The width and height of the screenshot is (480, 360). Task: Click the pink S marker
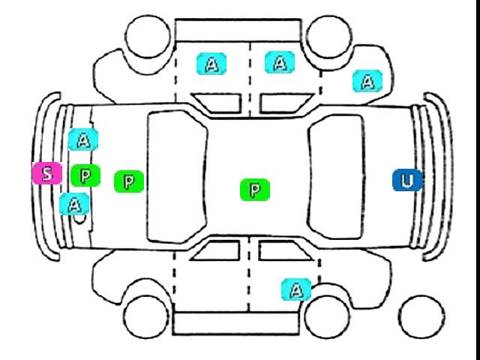coord(47,173)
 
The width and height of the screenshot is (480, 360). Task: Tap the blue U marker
coord(407,180)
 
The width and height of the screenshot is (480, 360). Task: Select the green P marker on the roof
coord(255,190)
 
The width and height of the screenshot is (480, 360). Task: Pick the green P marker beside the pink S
coord(85,175)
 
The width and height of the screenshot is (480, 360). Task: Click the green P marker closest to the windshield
coord(129,181)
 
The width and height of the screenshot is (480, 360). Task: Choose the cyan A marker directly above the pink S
coord(83,139)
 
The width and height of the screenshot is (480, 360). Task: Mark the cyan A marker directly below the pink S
coord(74,204)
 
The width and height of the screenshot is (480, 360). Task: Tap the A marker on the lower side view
coord(296,289)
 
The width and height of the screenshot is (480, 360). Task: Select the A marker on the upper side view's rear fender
coord(367,81)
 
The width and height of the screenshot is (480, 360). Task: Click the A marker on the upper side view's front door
coord(211,64)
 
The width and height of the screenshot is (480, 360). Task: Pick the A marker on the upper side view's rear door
coord(280,62)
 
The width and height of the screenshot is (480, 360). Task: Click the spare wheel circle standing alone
coord(421,317)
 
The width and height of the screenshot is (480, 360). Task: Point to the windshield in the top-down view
coord(177,177)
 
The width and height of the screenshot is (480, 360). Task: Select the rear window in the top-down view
coord(337,177)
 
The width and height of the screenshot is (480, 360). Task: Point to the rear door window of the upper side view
coord(286,103)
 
